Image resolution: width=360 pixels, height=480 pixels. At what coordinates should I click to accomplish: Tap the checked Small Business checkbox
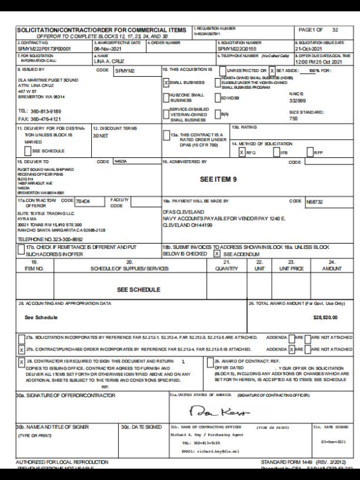pos(166,83)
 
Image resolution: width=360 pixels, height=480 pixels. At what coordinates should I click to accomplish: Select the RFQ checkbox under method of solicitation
pos(242,152)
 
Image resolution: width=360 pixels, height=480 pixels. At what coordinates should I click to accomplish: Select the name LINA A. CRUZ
pos(109,62)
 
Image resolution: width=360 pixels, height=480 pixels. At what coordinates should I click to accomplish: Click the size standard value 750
pos(293,119)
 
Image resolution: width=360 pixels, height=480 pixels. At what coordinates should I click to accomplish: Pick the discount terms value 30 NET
pos(100,136)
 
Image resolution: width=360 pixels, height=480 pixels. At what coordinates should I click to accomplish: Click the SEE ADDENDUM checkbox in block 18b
pos(217,254)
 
